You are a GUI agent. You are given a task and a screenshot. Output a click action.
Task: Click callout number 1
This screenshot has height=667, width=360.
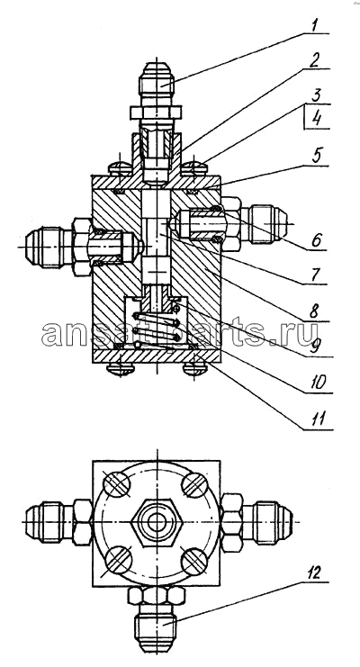click(x=314, y=25)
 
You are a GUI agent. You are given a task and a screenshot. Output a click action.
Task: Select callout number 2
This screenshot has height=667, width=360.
click(x=314, y=60)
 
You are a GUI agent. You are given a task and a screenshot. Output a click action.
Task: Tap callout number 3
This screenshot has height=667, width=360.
click(x=316, y=95)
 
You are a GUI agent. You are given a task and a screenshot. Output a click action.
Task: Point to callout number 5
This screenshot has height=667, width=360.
click(x=318, y=156)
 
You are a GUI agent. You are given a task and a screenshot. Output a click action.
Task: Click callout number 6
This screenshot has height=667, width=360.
click(x=316, y=240)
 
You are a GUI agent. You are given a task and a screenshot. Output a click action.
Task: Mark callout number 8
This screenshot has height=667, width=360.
click(x=314, y=311)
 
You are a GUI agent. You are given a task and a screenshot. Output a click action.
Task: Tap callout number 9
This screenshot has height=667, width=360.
click(x=315, y=347)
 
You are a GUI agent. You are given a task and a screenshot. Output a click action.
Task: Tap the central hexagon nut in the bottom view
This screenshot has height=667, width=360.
click(x=157, y=523)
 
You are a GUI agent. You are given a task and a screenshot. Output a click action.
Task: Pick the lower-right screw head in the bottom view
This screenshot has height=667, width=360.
click(x=195, y=562)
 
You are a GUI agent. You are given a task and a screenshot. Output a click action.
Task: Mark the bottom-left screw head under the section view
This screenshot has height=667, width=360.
click(x=121, y=369)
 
